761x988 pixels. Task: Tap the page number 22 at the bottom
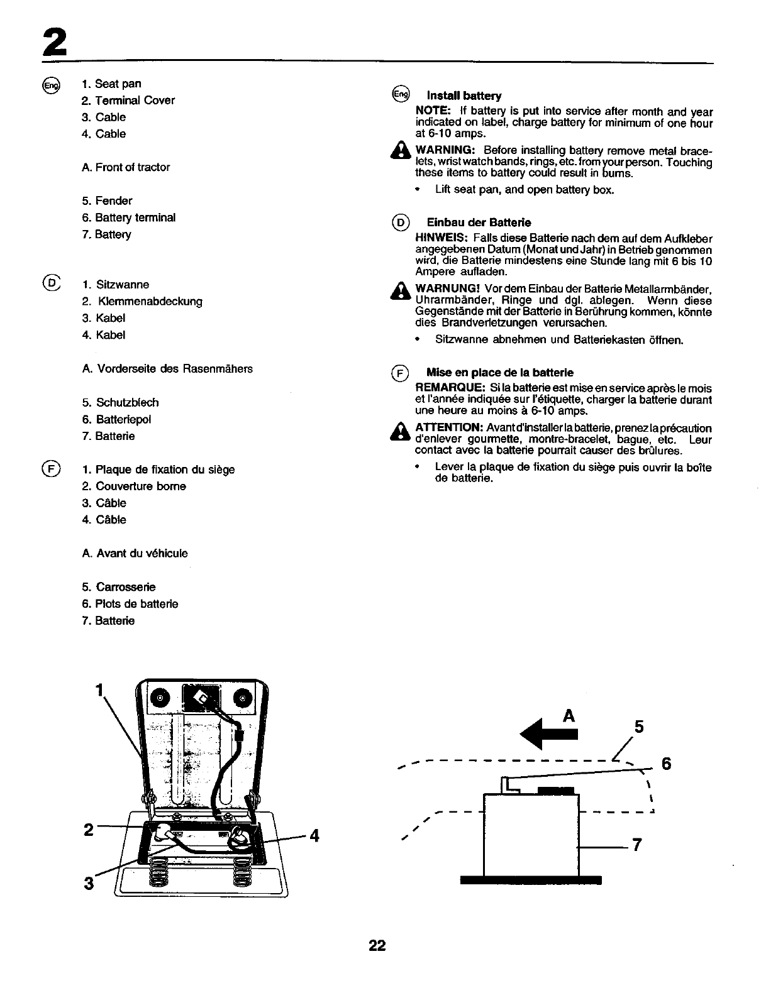point(377,945)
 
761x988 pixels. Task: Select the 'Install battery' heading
point(464,96)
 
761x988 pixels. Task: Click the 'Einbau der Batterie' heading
point(479,222)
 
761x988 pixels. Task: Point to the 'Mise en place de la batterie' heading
point(499,373)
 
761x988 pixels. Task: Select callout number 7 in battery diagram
point(636,845)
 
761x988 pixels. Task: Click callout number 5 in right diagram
point(639,727)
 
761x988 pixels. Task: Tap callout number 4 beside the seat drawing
point(314,835)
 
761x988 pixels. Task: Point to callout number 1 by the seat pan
point(99,690)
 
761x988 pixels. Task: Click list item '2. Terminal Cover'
point(128,101)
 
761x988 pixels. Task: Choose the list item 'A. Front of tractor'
point(126,167)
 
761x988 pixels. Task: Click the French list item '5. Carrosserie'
point(118,587)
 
